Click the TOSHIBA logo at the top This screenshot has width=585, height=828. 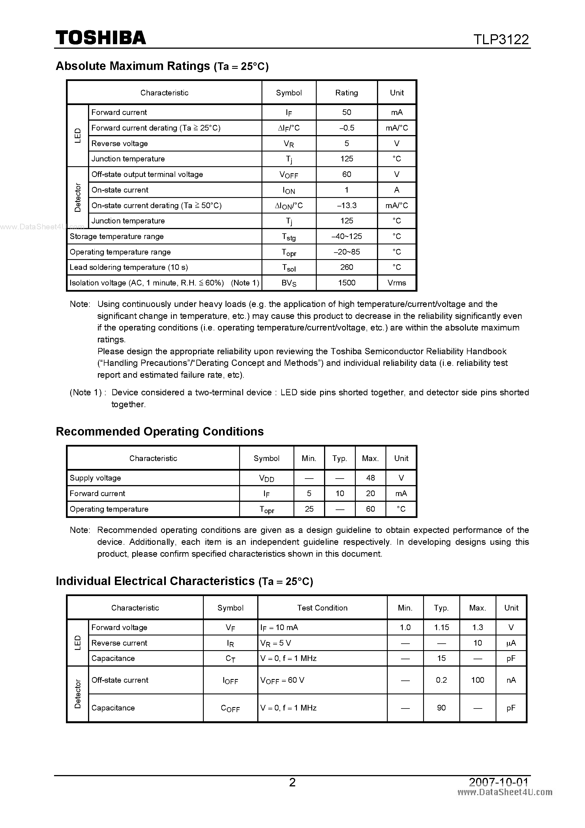tap(100, 38)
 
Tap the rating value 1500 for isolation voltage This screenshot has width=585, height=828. tap(346, 283)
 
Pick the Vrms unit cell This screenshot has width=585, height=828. tap(397, 283)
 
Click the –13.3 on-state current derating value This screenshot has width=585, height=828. tap(346, 205)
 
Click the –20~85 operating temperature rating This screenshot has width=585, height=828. tap(346, 252)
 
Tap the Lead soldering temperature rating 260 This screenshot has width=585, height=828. tap(346, 267)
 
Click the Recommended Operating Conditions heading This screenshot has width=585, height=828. tap(160, 431)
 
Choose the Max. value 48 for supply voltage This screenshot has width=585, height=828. tap(370, 478)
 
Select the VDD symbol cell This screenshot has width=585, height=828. tap(266, 478)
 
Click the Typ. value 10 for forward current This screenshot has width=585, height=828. tap(340, 493)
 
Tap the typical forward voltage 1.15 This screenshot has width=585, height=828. tap(441, 627)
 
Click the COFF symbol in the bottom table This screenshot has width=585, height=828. tap(230, 708)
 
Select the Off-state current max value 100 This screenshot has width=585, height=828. tap(477, 680)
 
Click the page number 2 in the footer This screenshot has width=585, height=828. tap(292, 782)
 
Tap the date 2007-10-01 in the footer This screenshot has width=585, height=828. tap(498, 782)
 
